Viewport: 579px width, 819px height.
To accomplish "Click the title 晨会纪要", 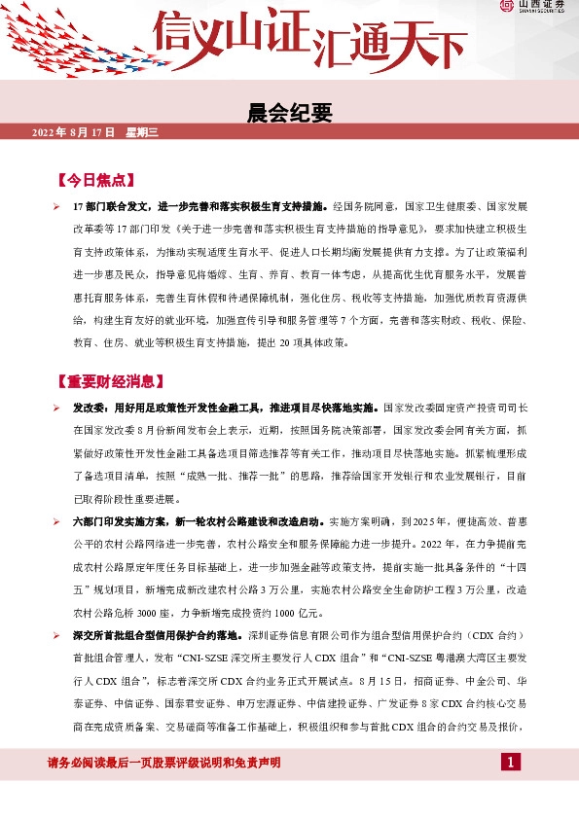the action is tap(289, 115).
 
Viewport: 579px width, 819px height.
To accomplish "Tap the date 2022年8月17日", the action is tap(74, 132).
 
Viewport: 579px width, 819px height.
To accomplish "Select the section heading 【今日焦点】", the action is tap(96, 180).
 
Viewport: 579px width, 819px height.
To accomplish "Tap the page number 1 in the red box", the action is tap(512, 761).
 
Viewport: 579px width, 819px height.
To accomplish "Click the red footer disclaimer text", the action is tap(164, 762).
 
